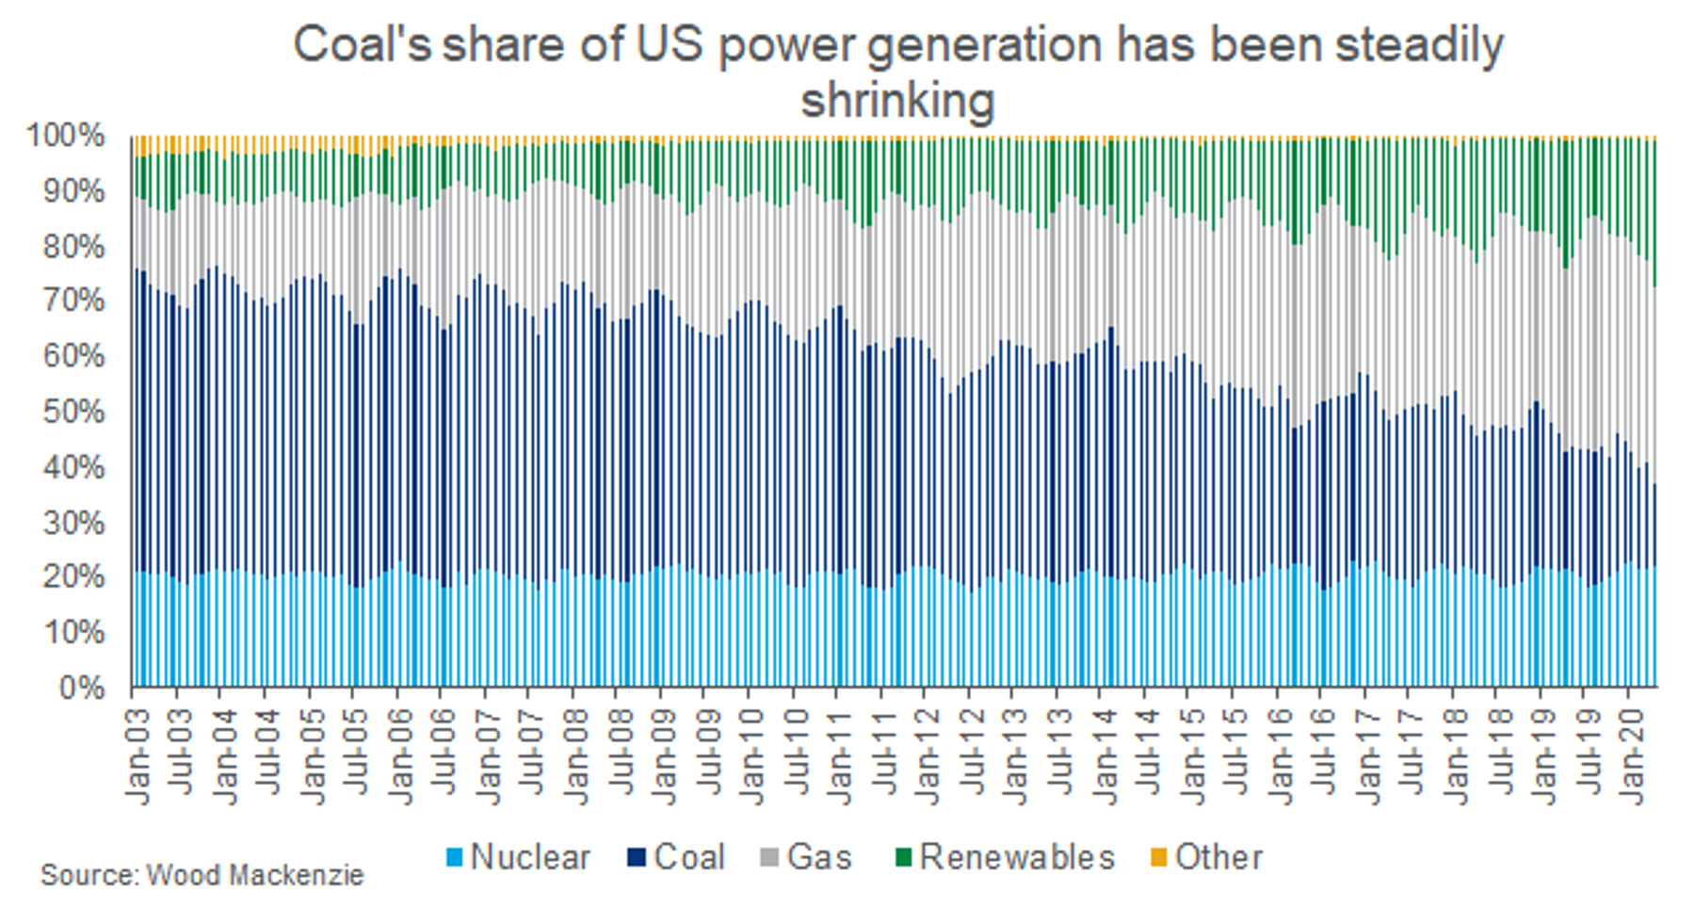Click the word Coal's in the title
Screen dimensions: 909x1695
click(x=362, y=45)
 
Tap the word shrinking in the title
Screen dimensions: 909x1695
click(x=897, y=100)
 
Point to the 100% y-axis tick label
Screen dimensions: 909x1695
click(x=66, y=136)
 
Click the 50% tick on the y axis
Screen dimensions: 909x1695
click(x=73, y=412)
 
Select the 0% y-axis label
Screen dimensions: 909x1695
click(x=82, y=688)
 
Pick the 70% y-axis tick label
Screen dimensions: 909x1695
click(x=73, y=301)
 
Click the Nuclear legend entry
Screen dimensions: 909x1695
click(x=529, y=857)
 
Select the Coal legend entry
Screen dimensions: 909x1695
click(x=688, y=857)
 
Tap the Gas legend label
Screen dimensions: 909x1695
click(x=818, y=857)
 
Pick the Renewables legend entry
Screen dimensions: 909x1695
click(x=1016, y=857)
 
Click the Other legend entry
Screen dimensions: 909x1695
click(x=1218, y=857)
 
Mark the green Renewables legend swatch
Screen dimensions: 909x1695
click(x=903, y=857)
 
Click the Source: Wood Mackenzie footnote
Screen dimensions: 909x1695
click(x=202, y=875)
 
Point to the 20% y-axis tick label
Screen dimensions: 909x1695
click(x=73, y=577)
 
